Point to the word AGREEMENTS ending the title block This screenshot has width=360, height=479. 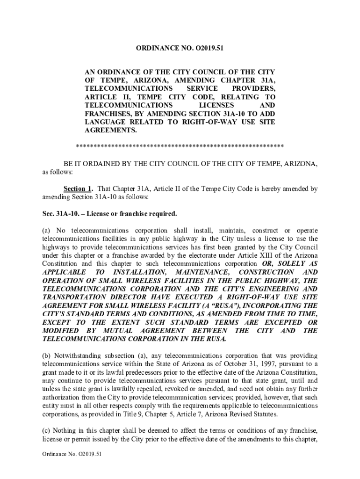110,131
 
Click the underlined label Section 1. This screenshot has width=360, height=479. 78,189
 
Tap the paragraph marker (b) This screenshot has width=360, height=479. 47,356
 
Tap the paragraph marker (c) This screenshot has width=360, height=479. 47,431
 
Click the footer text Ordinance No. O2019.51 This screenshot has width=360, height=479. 72,467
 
